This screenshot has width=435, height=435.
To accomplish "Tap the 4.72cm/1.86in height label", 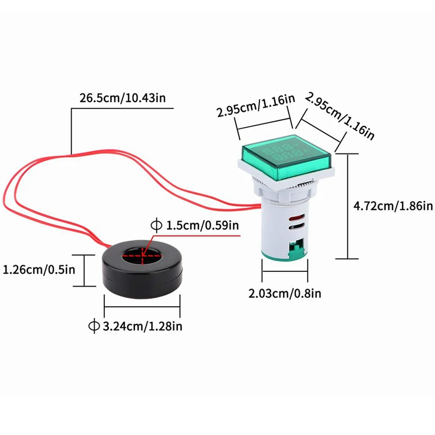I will (393, 206).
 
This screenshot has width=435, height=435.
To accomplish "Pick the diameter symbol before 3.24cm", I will (94, 326).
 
